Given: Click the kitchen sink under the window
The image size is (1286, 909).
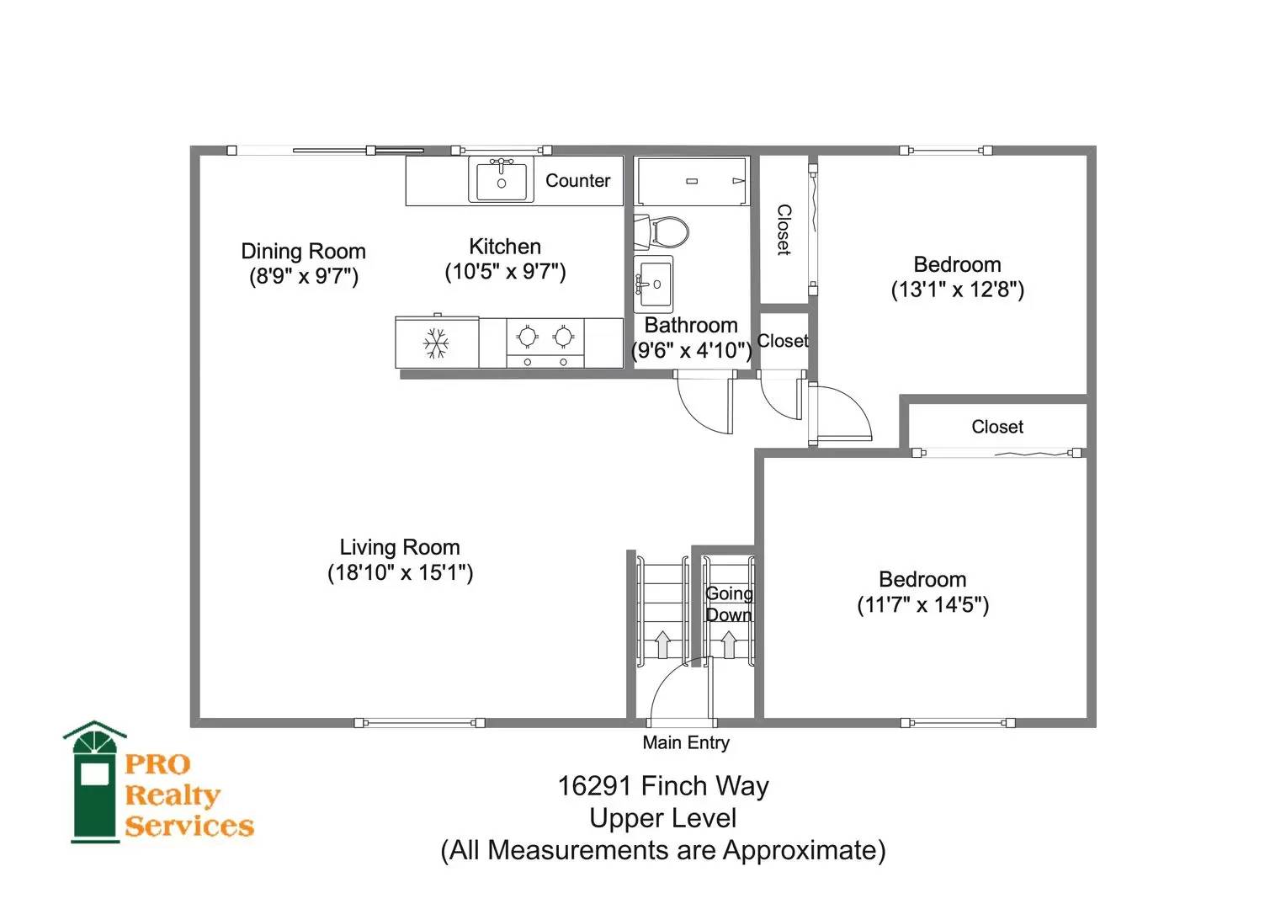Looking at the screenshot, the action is coord(502,179).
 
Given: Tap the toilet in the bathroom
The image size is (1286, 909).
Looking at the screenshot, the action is coord(661,232).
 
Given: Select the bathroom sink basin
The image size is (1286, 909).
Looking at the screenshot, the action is coord(653,284).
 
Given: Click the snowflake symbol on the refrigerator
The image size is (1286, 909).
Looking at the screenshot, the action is coord(436,343).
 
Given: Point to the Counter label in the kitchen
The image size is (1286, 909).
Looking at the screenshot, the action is coord(577,180).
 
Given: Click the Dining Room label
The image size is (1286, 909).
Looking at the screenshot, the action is coord(303,251).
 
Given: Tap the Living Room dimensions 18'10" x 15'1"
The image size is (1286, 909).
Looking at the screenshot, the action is coord(400,572).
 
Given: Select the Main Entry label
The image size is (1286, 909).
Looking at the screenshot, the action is coord(686,742).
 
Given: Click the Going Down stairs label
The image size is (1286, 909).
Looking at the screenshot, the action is coord(729,604).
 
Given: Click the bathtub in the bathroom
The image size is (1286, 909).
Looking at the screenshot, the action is coord(692,180).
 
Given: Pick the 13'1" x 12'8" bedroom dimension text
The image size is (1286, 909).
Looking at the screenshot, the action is coord(958,290).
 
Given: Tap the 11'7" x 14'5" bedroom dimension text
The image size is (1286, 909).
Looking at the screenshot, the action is coord(923,604).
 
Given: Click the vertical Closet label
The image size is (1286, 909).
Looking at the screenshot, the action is coord(784,230).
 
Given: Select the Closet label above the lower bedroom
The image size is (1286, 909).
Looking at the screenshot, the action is coord(997,427).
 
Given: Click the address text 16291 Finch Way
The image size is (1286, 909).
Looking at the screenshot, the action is coord(663,786).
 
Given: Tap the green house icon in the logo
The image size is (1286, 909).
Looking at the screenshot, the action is coord(95,782).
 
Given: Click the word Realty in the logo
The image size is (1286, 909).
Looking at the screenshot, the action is coord(173,796).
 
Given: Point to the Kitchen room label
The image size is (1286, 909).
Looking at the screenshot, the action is coord(505,247).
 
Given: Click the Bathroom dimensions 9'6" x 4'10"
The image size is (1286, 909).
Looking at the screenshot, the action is coord(691,350).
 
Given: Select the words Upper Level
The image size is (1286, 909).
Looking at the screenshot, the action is coord(663,818).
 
